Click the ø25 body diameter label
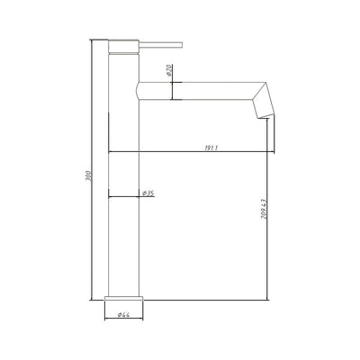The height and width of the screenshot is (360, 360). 147,192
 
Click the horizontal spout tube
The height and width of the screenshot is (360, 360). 198,89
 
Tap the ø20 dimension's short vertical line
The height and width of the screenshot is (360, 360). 169,89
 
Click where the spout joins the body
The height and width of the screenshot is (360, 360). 138,89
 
